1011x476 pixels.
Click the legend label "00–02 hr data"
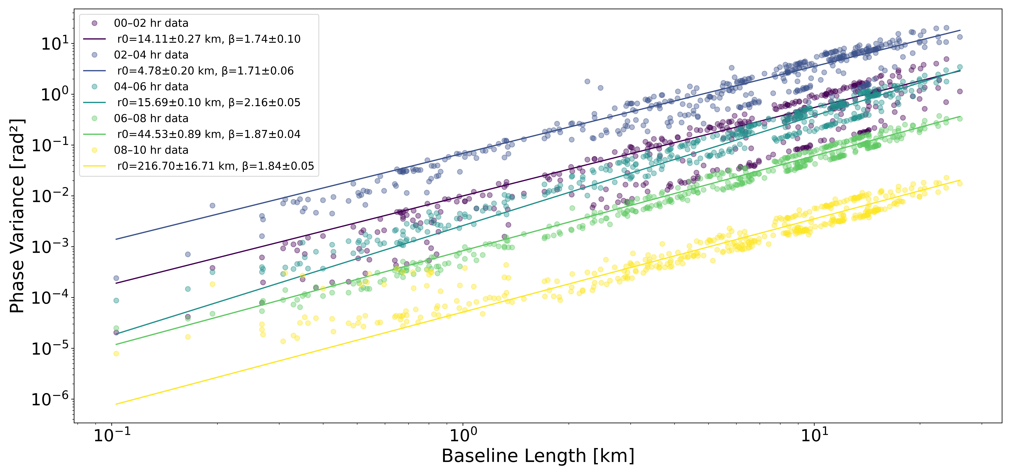pos(151,23)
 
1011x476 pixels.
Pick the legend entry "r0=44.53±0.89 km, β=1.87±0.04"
pos(209,134)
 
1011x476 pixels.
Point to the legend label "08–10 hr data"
pos(151,150)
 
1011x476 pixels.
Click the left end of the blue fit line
pos(116,239)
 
